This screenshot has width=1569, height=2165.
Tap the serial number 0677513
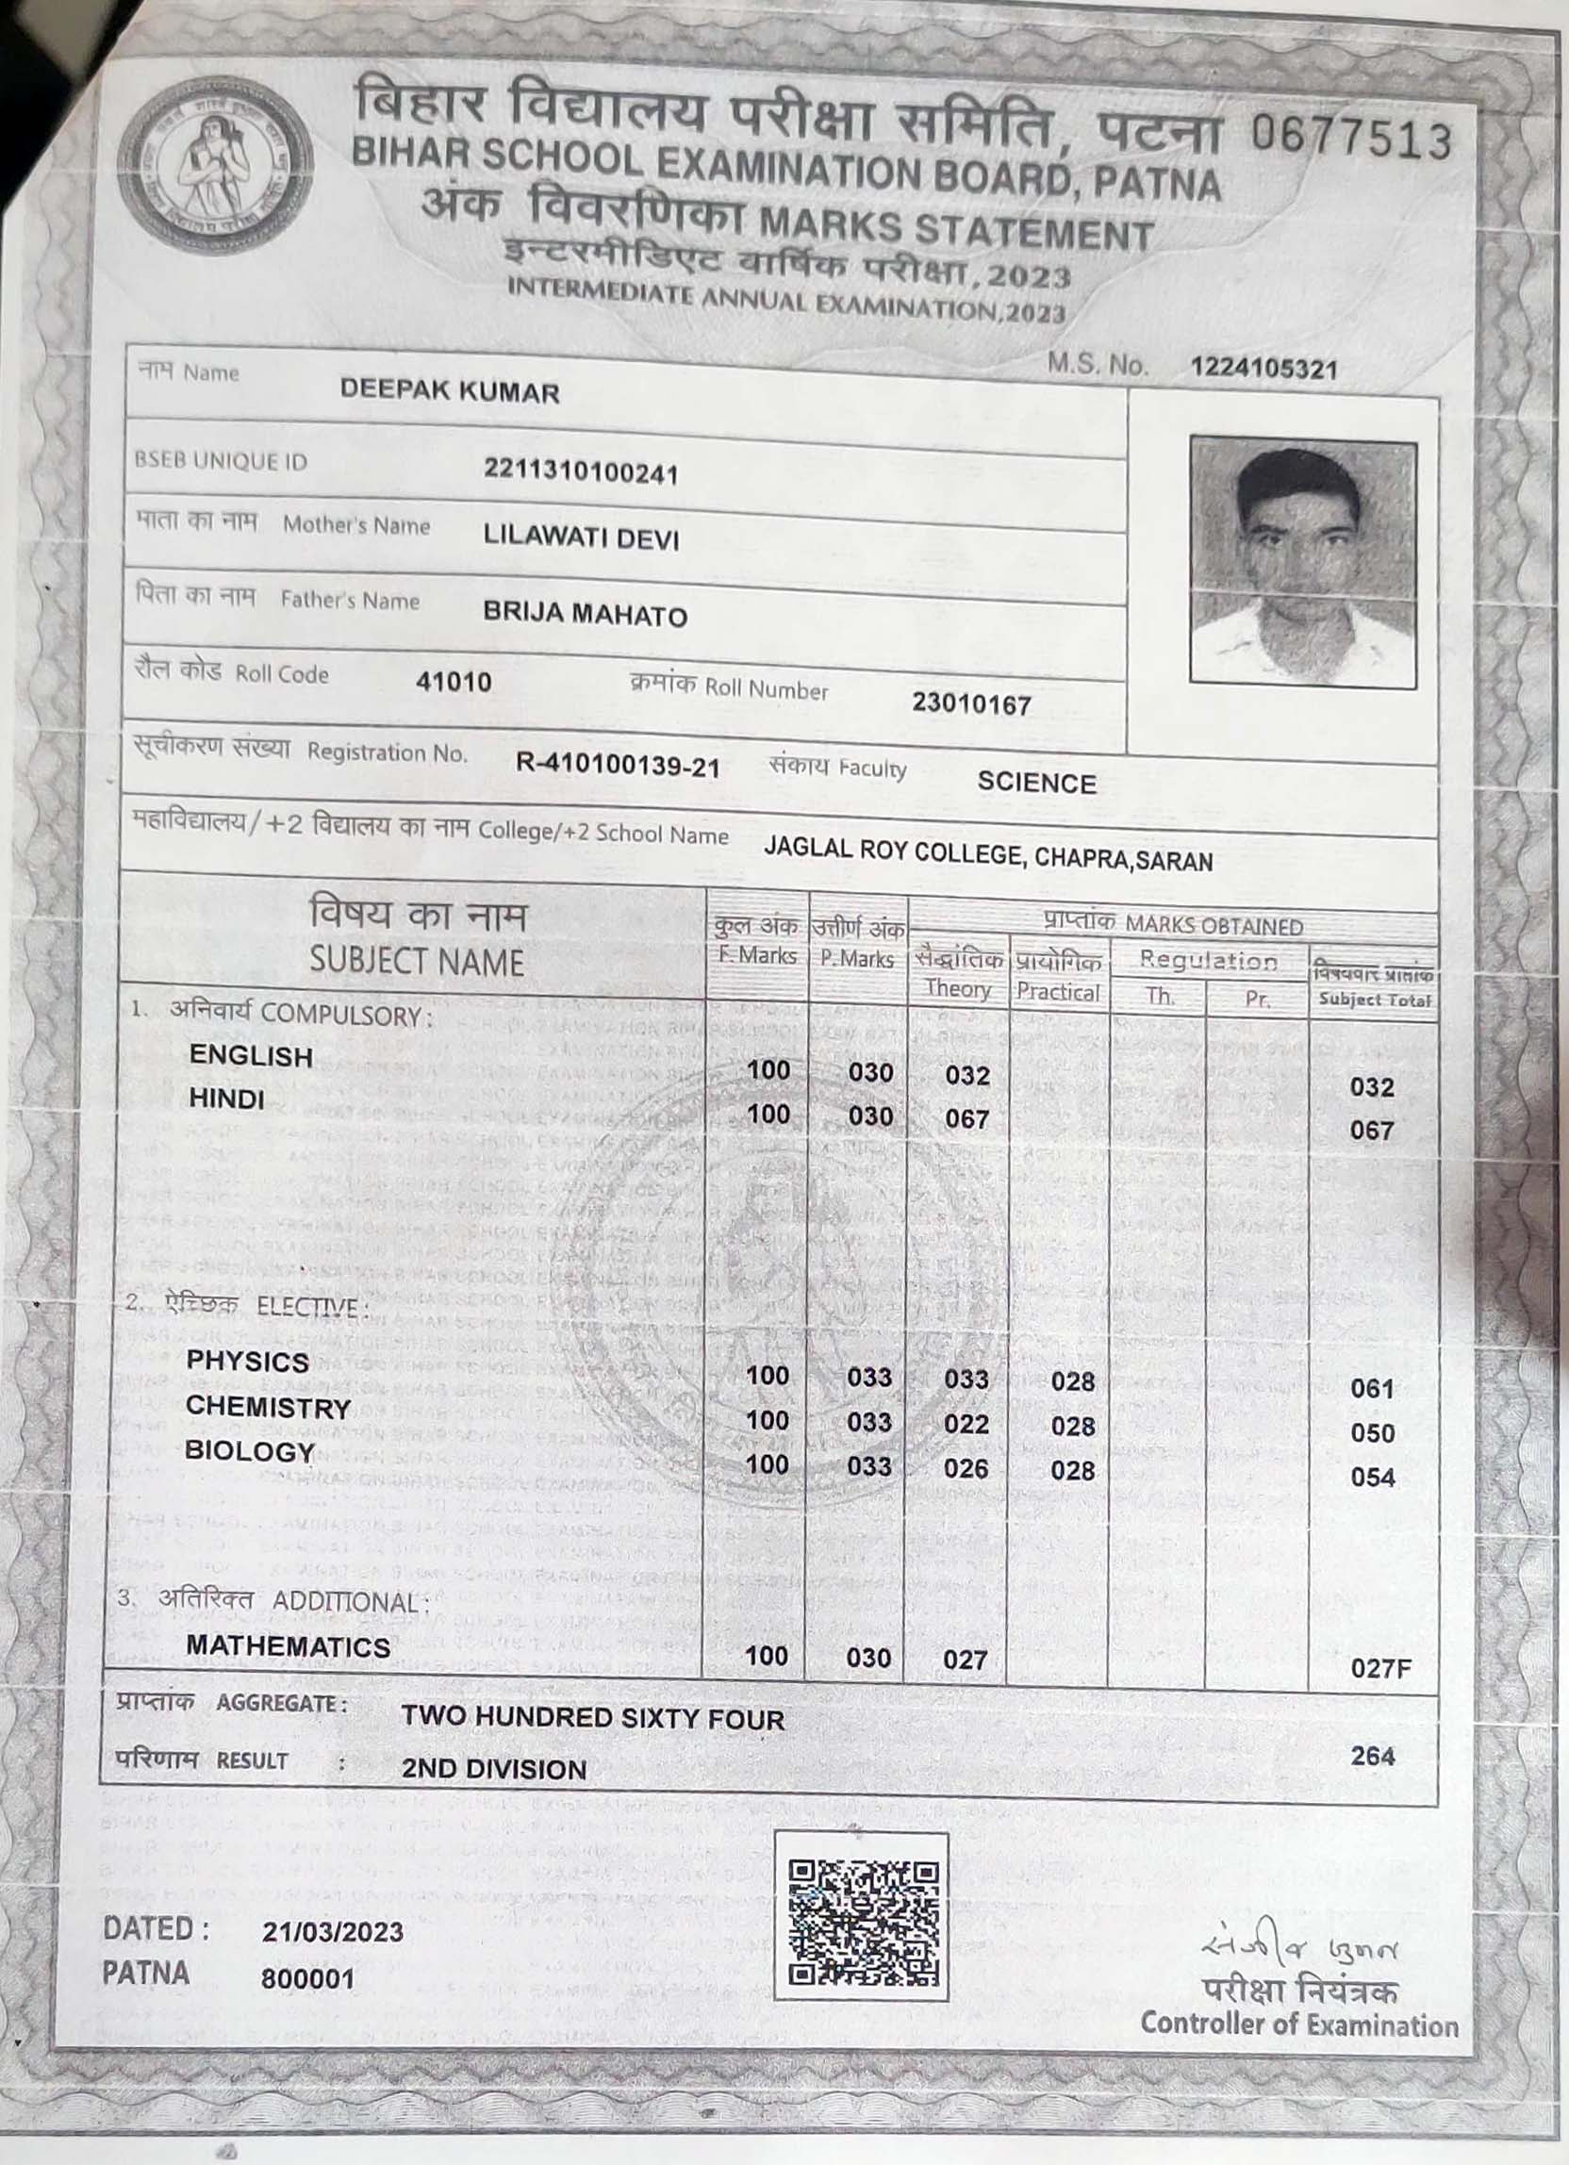pos(1349,140)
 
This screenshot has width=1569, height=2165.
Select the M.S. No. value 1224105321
pos(1263,370)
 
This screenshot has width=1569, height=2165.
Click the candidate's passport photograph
pos(1302,560)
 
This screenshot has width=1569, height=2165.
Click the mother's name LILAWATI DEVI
pos(581,538)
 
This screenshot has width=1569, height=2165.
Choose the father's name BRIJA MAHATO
pos(585,616)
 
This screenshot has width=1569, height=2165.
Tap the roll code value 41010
pos(454,682)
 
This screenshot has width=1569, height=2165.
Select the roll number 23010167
pos(970,704)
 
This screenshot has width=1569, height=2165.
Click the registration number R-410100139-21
pos(618,766)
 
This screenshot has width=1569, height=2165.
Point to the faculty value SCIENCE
pos(1036,784)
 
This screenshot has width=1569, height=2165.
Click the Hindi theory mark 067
pos(966,1117)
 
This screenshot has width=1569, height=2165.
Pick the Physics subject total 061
pos(1371,1389)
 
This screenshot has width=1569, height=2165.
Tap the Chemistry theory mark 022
pos(966,1424)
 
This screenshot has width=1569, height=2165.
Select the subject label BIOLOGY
pos(249,1452)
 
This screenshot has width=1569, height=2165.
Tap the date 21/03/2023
pos(332,1932)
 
